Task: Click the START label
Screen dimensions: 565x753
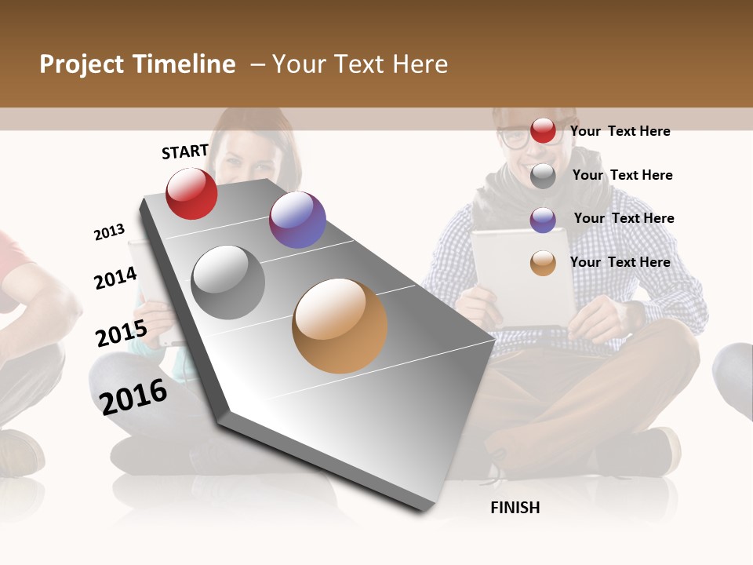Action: pyautogui.click(x=185, y=151)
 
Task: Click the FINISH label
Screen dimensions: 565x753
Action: pyautogui.click(x=515, y=508)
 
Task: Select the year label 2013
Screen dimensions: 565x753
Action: pyautogui.click(x=109, y=232)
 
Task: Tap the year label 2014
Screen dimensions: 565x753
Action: pyautogui.click(x=115, y=278)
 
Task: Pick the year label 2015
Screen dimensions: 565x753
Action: pyautogui.click(x=121, y=334)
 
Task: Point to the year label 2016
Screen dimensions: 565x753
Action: pyautogui.click(x=133, y=396)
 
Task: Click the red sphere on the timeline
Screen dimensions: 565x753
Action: pyautogui.click(x=191, y=194)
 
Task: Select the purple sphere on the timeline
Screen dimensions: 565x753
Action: pyautogui.click(x=297, y=220)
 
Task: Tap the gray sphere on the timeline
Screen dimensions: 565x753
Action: pyautogui.click(x=228, y=282)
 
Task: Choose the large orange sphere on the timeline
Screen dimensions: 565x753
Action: pyautogui.click(x=340, y=326)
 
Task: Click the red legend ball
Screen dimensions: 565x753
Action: pyautogui.click(x=543, y=130)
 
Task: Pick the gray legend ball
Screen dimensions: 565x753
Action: pyautogui.click(x=543, y=176)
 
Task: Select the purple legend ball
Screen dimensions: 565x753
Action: pyautogui.click(x=543, y=220)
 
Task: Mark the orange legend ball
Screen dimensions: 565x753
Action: pyautogui.click(x=543, y=263)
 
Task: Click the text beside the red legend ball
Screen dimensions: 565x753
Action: pyautogui.click(x=620, y=131)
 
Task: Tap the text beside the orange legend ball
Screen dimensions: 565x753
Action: pyautogui.click(x=620, y=262)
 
